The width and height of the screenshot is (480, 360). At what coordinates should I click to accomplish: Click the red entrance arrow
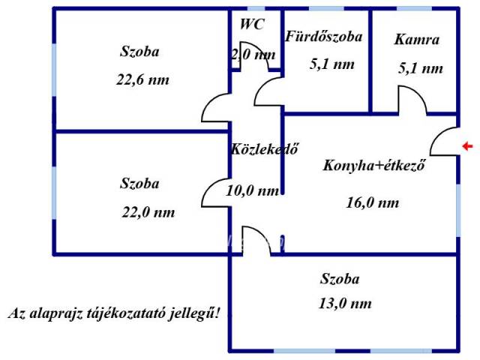(x=467, y=146)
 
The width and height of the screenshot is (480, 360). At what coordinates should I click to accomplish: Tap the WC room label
(x=252, y=24)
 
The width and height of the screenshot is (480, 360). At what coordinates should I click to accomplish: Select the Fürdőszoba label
(x=324, y=36)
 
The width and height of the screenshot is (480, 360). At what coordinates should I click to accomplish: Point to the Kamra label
(x=417, y=40)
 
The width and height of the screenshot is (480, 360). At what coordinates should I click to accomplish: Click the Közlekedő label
(x=265, y=149)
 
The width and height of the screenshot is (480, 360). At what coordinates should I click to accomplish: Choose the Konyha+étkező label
(x=374, y=165)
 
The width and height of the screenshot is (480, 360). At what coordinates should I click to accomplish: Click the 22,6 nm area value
(x=142, y=80)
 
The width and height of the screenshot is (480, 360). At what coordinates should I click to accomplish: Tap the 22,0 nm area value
(x=148, y=212)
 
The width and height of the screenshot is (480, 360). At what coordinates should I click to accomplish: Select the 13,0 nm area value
(x=345, y=303)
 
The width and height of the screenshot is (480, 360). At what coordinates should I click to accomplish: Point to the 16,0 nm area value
(x=373, y=202)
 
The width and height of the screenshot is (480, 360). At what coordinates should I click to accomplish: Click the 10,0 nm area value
(x=253, y=190)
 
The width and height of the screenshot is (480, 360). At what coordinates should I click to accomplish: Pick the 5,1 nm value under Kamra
(x=421, y=68)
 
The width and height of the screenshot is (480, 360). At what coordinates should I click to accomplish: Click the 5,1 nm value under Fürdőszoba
(x=332, y=64)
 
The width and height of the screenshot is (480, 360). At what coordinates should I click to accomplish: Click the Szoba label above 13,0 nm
(x=340, y=279)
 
